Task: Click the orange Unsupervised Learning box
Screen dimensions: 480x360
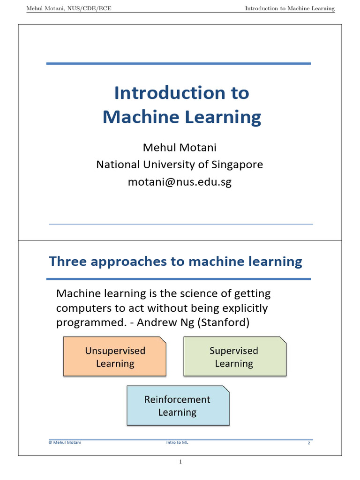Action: point(115,357)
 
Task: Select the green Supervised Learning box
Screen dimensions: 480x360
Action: point(234,357)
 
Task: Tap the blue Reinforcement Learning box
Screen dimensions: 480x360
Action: point(178,405)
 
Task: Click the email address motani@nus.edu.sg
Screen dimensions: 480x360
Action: point(180,182)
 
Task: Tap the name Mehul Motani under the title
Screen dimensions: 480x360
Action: point(180,148)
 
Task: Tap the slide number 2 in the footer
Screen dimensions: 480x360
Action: point(309,443)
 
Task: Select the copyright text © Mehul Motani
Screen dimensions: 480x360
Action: point(65,442)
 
